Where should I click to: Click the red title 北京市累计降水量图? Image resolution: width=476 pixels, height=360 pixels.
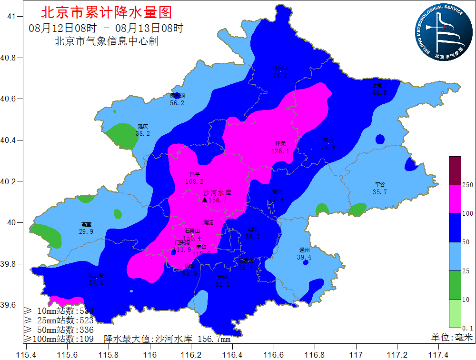107,12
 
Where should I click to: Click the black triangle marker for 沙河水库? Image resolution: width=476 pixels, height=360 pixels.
205,200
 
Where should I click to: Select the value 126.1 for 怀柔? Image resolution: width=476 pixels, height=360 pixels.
280,151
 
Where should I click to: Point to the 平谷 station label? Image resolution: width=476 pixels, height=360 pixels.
380,185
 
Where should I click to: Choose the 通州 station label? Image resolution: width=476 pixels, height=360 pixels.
304,250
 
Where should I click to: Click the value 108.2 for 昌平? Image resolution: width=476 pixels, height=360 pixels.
194,181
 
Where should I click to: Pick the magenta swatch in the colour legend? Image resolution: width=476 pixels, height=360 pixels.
455,199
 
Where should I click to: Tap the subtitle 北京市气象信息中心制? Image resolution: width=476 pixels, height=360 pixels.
107,41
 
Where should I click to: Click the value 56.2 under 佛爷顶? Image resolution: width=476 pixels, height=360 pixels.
177,103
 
